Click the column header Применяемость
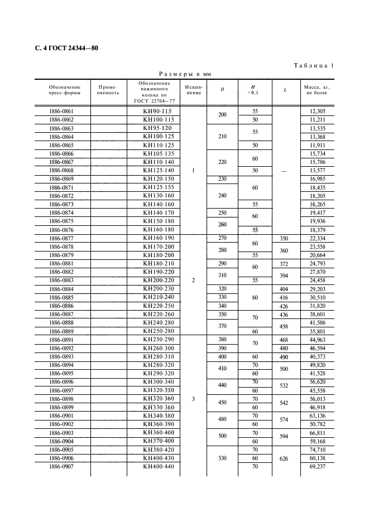(108, 90)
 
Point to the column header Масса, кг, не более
(317, 90)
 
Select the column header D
(222, 90)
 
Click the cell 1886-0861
(61, 112)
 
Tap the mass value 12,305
(317, 112)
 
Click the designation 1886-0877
(61, 238)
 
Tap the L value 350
(285, 238)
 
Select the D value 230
(222, 178)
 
